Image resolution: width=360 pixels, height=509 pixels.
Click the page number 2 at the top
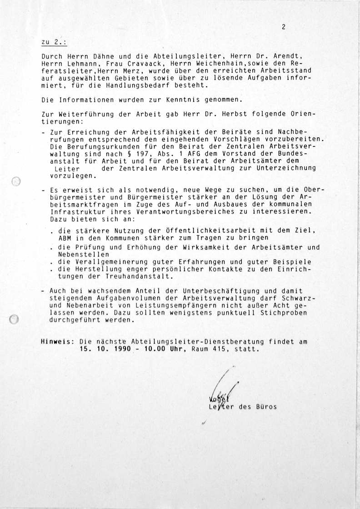click(x=283, y=27)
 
